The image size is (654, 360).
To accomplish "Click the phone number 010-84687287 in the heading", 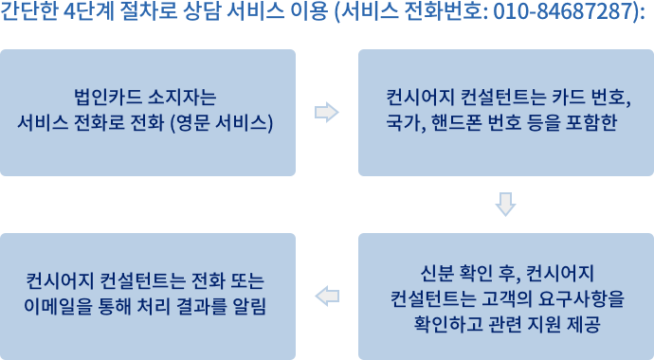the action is [565, 11].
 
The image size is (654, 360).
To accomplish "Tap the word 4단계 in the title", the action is [89, 11].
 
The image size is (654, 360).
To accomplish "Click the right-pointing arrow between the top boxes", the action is [327, 112].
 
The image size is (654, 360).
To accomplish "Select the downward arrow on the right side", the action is [505, 205].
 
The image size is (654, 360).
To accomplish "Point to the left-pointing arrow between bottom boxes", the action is [327, 297].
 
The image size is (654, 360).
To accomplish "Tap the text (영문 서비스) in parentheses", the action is [222, 123].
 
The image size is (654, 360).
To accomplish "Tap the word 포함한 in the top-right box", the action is [591, 123].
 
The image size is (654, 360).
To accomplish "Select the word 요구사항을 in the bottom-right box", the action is [581, 298].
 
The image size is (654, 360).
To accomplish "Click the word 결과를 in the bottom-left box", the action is [202, 306].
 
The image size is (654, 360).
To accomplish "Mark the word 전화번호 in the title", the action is [445, 11].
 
